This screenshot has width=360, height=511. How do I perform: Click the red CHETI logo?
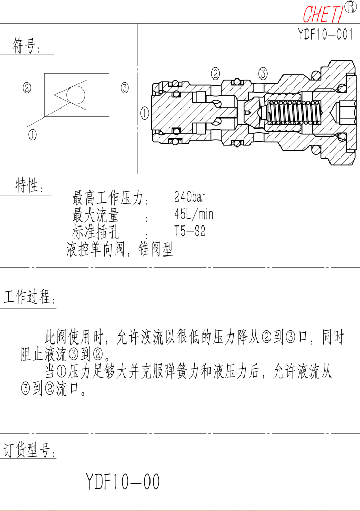click(323, 14)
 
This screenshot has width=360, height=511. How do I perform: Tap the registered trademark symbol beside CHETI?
click(350, 7)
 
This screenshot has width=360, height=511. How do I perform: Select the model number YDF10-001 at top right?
click(325, 34)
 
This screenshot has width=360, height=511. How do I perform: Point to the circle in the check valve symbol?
click(75, 95)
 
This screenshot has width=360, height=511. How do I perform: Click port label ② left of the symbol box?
click(27, 87)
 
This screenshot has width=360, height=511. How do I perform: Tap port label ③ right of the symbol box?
click(125, 87)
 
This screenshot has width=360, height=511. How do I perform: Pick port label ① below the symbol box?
click(32, 134)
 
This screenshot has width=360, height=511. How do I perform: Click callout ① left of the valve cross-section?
click(145, 113)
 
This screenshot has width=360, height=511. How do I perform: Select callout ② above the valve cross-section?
click(215, 74)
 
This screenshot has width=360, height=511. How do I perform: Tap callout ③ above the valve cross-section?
click(263, 74)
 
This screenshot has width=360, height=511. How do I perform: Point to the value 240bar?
click(190, 197)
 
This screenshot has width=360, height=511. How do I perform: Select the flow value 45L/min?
click(194, 214)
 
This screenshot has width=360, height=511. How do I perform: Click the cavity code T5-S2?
click(190, 231)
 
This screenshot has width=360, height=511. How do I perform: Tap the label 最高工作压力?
click(107, 198)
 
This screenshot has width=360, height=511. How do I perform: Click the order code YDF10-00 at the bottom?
click(123, 481)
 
